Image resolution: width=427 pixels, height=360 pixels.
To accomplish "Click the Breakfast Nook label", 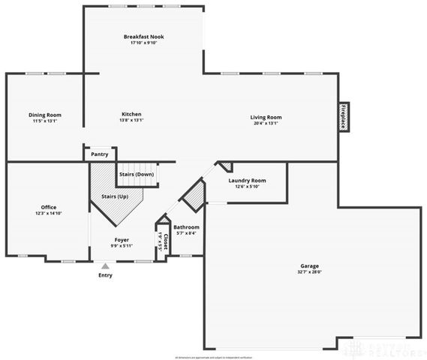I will tap(144, 37).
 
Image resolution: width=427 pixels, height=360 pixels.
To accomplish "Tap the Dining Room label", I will tap(45, 115).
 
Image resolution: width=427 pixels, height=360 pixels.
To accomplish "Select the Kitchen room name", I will tap(131, 115).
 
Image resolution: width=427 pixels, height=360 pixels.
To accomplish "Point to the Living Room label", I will tap(266, 117).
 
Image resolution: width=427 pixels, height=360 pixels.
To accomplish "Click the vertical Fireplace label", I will tap(343, 118).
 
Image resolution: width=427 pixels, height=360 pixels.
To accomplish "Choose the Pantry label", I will tap(99, 154).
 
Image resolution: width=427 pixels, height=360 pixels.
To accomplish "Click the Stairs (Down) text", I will tap(136, 174).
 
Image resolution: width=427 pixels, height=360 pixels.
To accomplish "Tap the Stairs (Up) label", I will tap(114, 196).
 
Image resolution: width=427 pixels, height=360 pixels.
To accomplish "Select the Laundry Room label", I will tap(247, 181).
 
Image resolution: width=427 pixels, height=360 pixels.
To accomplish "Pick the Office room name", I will tap(49, 207).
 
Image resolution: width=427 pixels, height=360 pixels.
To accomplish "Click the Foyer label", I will tap(122, 240).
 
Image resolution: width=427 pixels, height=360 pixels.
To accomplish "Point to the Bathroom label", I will tap(186, 227).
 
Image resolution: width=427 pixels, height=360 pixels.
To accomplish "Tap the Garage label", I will tap(310, 266).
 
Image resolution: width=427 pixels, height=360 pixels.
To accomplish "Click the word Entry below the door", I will tap(105, 274).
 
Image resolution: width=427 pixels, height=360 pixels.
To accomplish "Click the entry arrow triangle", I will tap(105, 265).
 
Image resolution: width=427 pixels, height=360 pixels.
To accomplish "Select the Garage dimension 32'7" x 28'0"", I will tap(310, 272).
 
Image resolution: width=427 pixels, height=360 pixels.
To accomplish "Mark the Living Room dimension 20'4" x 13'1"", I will tap(266, 123).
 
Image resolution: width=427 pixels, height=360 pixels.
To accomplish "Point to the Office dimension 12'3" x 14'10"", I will tap(49, 213).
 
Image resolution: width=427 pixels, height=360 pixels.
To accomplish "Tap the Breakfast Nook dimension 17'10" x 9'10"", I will tap(144, 43).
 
